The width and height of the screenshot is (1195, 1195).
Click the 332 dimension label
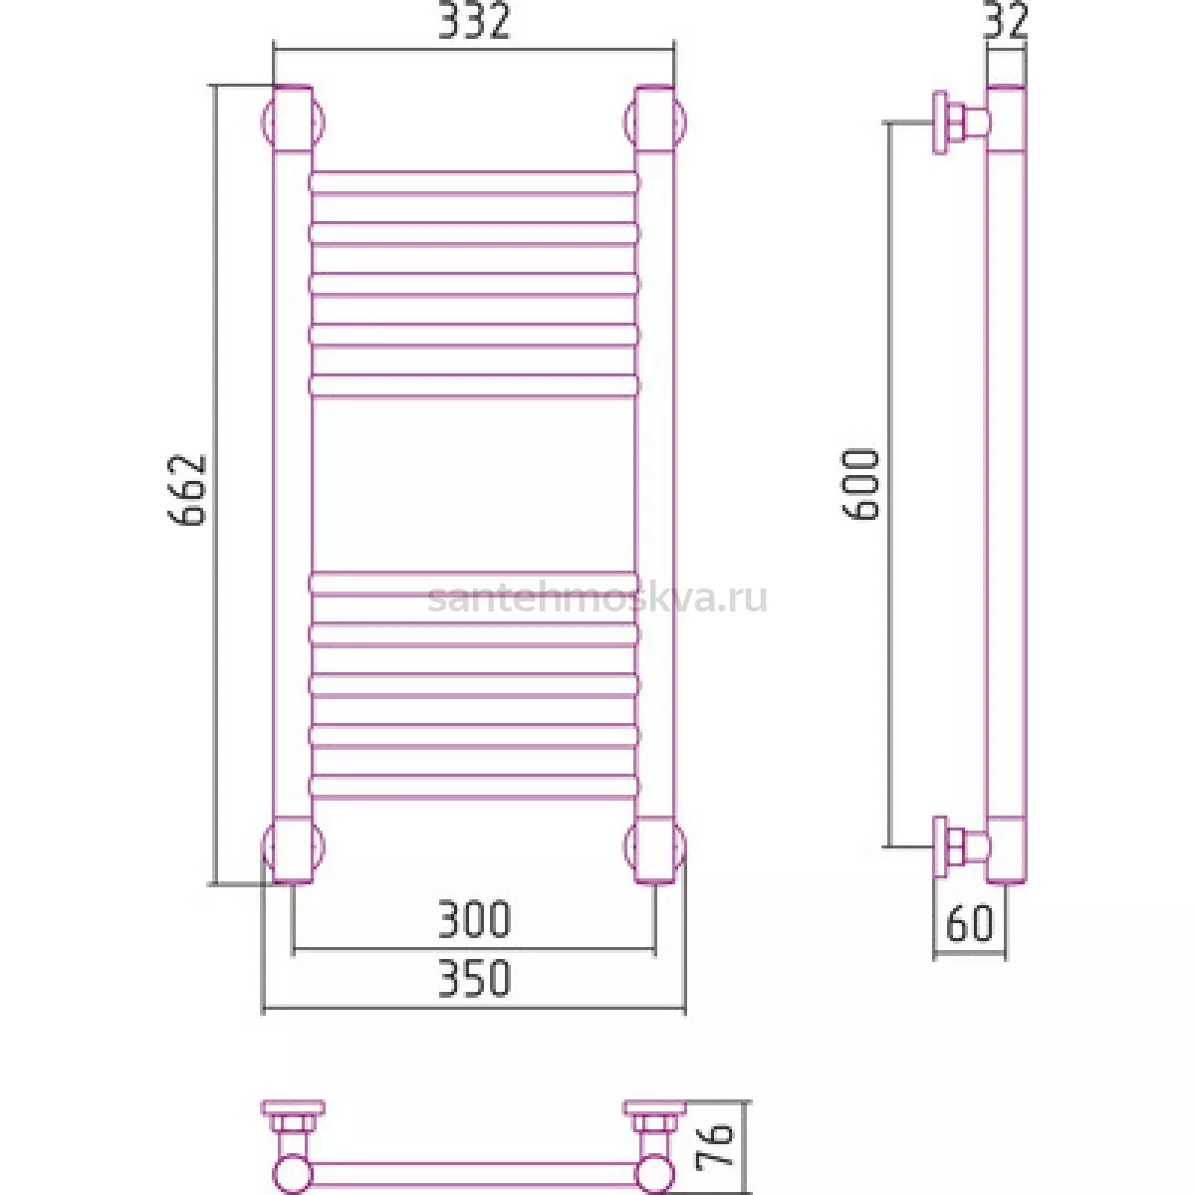474,21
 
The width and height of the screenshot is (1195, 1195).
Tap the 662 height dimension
187,490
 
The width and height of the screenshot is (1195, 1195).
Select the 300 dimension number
474,919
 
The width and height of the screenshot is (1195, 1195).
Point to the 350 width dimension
474,978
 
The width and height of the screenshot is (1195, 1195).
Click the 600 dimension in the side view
860,484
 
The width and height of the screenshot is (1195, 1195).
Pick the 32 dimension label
1006,21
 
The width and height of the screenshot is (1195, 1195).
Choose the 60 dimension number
969,924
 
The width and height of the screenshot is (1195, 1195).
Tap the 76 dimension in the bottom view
715,1148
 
